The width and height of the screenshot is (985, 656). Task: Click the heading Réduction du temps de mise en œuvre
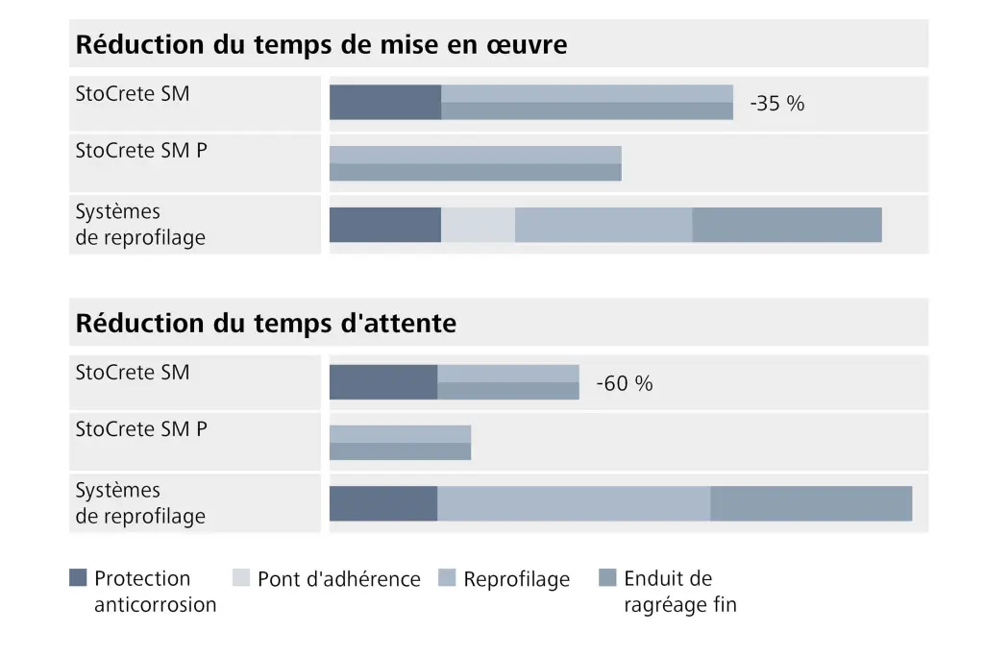pos(321,45)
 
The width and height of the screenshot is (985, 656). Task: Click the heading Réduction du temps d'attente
pos(265,324)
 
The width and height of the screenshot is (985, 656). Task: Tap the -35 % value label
pos(776,104)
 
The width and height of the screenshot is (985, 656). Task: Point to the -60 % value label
pos(624,383)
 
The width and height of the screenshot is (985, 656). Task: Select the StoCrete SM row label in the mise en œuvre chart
pos(133,94)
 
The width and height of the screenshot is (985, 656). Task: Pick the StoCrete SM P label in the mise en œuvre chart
pos(141,151)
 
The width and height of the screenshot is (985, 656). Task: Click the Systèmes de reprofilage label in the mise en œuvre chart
pos(140,225)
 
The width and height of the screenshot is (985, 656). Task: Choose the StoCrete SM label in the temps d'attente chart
pos(133,373)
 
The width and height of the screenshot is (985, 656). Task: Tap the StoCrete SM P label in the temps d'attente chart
pos(141,429)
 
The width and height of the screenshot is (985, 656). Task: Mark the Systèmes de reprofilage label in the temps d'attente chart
pos(140,503)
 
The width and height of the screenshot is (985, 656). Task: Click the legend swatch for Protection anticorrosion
pos(79,578)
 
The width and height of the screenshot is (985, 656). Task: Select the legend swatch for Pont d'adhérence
pos(241,578)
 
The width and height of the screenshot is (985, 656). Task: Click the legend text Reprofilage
pos(516,579)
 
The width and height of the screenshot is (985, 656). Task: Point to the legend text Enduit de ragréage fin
pos(679,592)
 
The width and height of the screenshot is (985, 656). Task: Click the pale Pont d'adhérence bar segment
pos(478,225)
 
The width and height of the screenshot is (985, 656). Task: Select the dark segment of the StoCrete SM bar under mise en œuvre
pos(384,103)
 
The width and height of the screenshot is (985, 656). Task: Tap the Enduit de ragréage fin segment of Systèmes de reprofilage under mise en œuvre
pos(786,225)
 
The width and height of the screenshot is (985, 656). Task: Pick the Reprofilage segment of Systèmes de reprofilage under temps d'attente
pos(574,503)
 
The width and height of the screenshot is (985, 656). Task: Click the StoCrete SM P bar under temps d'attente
pos(400,443)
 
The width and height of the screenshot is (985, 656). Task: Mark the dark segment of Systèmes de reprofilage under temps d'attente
pos(382,503)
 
